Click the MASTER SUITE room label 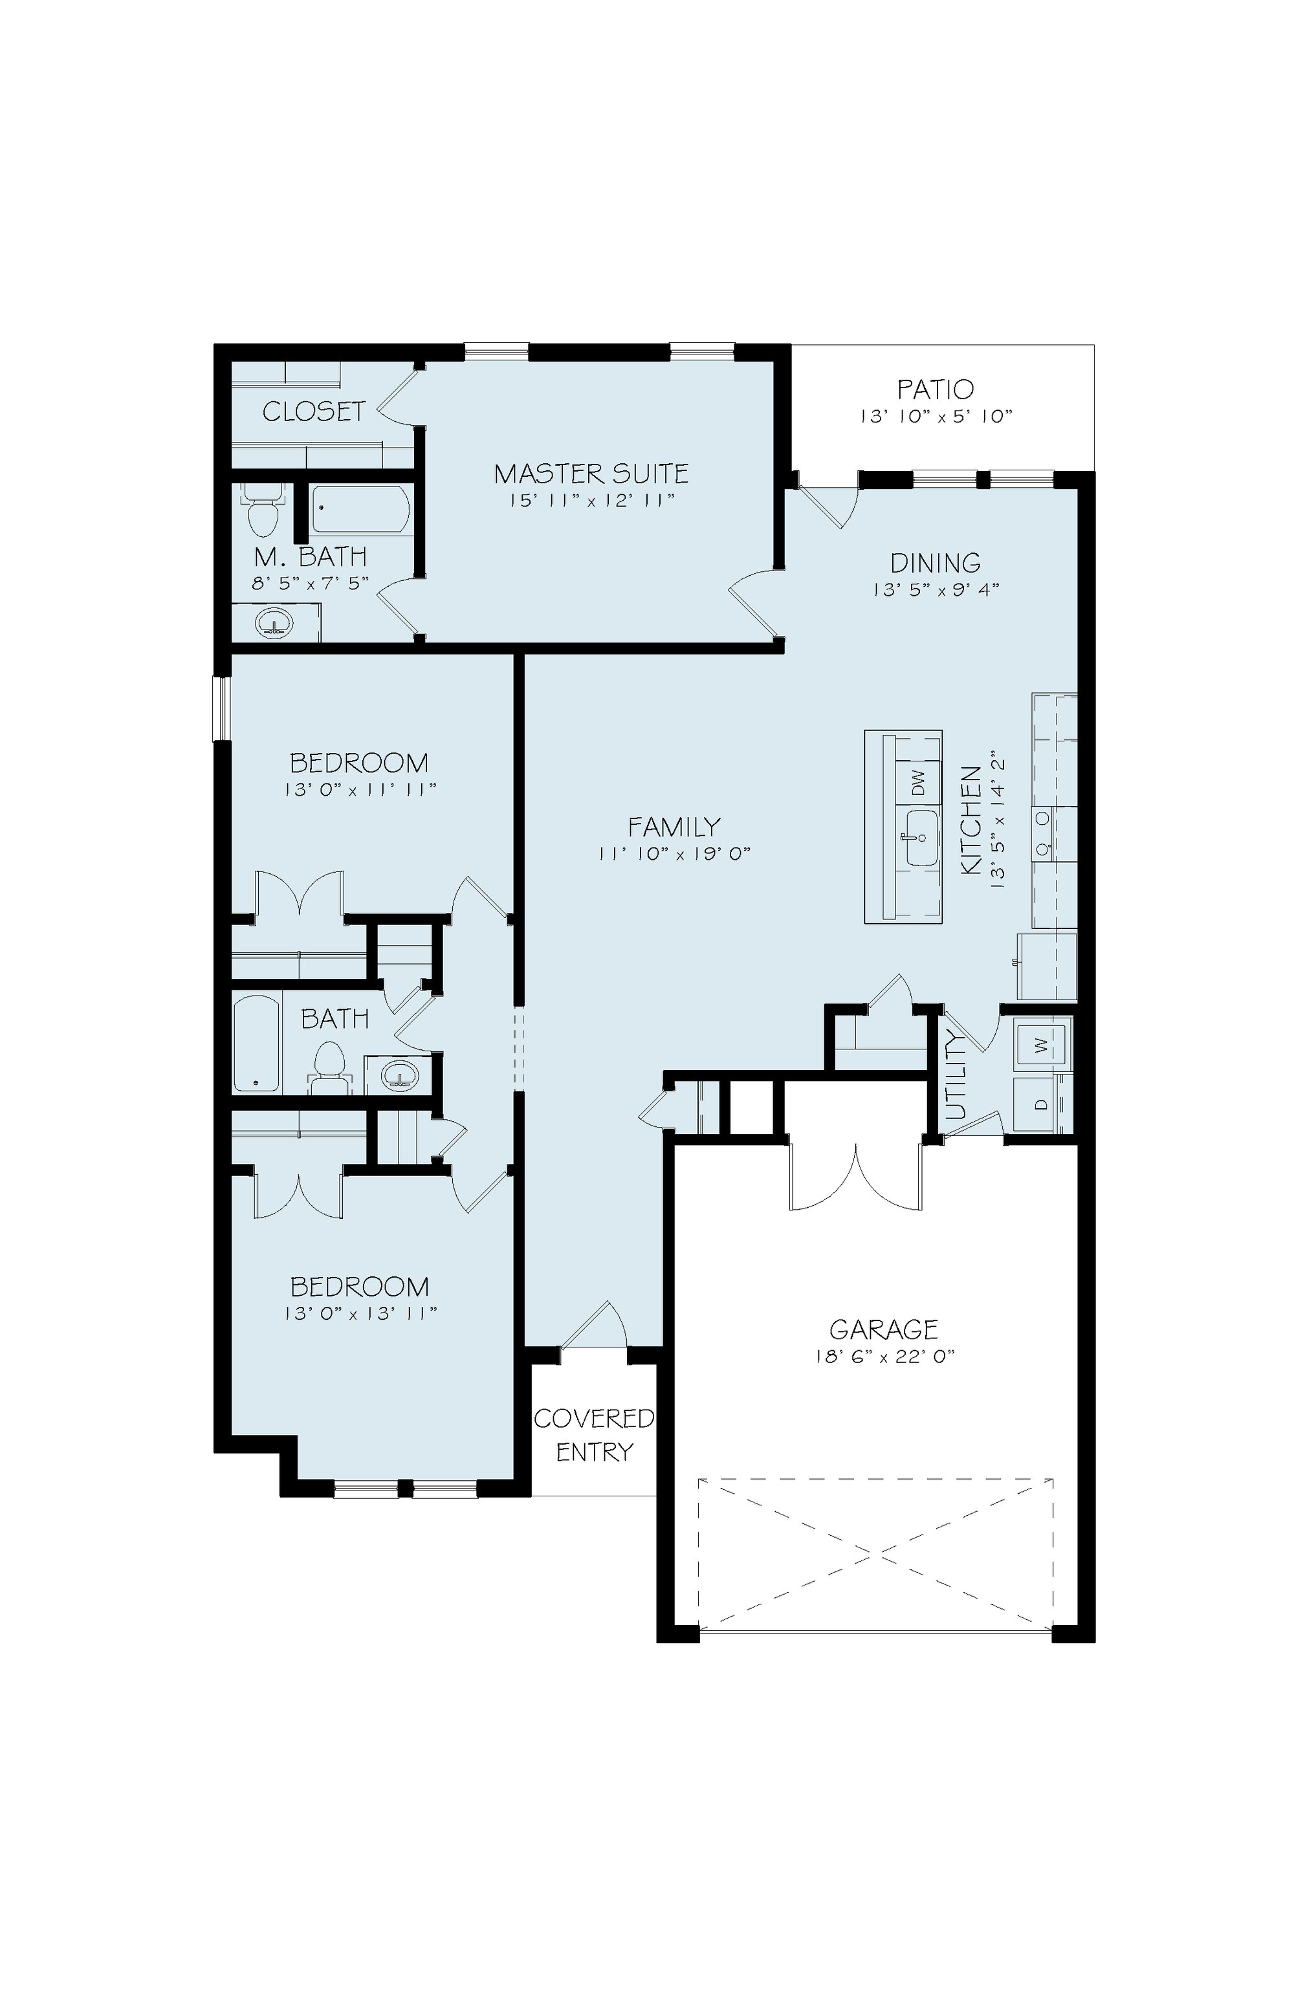click(591, 474)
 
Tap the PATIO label click(935, 389)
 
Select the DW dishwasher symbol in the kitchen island click(918, 783)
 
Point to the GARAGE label click(883, 1329)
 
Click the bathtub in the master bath click(361, 510)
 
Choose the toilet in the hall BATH click(329, 1068)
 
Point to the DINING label click(935, 563)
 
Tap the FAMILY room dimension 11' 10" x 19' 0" click(674, 854)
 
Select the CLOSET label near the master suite click(313, 411)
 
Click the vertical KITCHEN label click(971, 820)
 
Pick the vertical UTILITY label click(956, 1076)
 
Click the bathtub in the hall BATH click(256, 1043)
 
